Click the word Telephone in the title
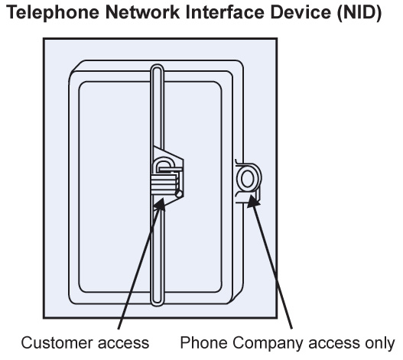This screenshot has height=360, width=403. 53,12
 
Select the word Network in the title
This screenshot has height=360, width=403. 142,12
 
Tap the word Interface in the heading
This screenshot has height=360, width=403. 225,12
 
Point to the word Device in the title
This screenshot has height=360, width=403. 301,12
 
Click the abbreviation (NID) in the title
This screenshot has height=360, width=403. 359,13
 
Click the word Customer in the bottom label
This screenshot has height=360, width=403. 57,342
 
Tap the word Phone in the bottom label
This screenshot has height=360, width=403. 203,342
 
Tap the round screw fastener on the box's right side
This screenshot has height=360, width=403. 248,178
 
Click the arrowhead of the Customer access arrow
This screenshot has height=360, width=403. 160,204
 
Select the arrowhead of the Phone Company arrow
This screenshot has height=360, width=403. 253,200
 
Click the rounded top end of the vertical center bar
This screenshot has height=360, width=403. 157,68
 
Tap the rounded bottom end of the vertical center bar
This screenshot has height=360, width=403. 157,302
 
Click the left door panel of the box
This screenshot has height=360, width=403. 115,186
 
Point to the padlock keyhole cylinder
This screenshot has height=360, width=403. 179,193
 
